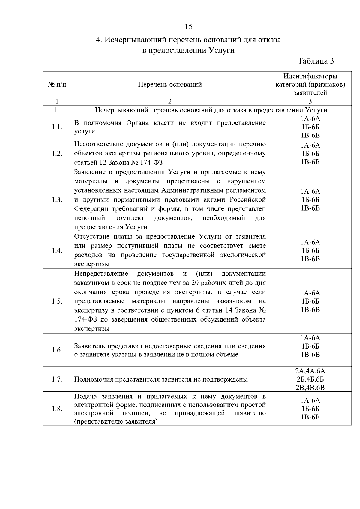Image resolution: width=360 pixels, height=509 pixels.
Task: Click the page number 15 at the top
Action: pyautogui.click(x=188, y=27)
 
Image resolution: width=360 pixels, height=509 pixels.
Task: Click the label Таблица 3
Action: pyautogui.click(x=316, y=61)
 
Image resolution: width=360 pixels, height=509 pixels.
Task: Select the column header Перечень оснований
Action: pyautogui.click(x=170, y=85)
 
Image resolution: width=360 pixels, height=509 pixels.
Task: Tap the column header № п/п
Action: pyautogui.click(x=57, y=85)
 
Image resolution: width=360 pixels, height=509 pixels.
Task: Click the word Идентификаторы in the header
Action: pyautogui.click(x=310, y=76)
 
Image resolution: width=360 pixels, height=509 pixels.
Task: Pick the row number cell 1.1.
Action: pyautogui.click(x=57, y=127)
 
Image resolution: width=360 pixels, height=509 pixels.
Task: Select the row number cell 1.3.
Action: pyautogui.click(x=57, y=200)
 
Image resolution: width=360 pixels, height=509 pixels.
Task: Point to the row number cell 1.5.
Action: pyautogui.click(x=57, y=301)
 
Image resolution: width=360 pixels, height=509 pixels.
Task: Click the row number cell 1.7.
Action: pyautogui.click(x=57, y=379)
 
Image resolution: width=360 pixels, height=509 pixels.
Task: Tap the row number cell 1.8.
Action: pyautogui.click(x=57, y=409)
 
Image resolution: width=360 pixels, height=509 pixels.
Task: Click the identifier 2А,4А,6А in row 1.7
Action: pyautogui.click(x=310, y=371)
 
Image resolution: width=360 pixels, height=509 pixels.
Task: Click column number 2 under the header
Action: pyautogui.click(x=170, y=101)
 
